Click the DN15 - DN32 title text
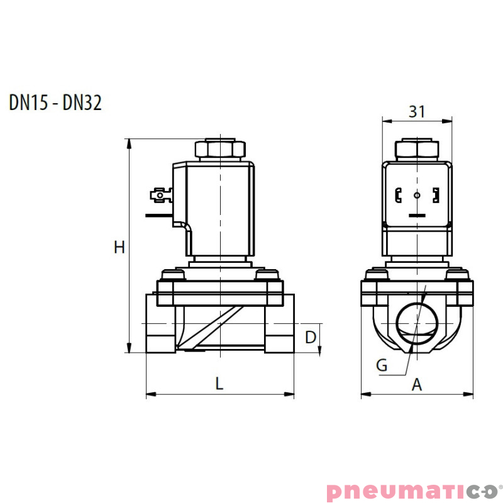coord(55,102)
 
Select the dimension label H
coord(119,247)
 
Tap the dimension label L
coord(219,383)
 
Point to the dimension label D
coord(310,338)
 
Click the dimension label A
coord(416,385)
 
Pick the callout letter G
coord(381,365)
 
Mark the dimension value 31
coord(417,111)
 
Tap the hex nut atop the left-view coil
coord(219,149)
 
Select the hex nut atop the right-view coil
coord(417,150)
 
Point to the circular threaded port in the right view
coord(417,322)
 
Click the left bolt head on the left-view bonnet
coord(172,275)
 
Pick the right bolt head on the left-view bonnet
coord(268,275)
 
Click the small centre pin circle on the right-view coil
coord(417,196)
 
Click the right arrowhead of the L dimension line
coord(290,395)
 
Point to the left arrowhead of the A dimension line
coord(365,395)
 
